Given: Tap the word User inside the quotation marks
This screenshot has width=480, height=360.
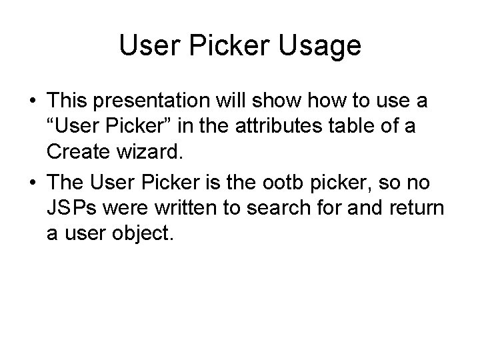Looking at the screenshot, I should coord(79,128).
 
